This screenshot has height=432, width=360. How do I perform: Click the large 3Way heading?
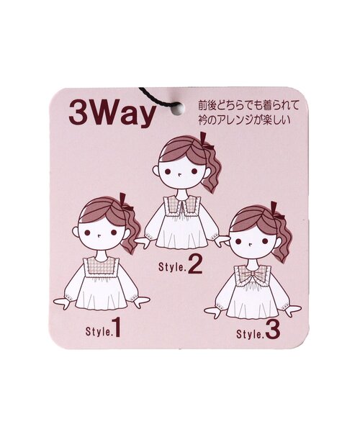tap(112, 113)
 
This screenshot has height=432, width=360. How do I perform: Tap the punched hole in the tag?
tap(177, 107)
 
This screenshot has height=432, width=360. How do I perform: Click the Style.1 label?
tap(103, 328)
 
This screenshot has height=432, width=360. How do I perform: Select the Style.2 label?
tap(181, 265)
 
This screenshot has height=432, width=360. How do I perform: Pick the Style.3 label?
tap(258, 330)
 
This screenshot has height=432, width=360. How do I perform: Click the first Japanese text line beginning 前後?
tap(248, 105)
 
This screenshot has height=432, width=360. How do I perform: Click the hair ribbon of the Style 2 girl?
tap(206, 141)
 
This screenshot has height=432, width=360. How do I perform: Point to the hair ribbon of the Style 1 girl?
tap(125, 202)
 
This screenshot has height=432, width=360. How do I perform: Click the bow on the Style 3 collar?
tap(250, 274)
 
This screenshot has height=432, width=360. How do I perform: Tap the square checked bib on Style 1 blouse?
tap(101, 264)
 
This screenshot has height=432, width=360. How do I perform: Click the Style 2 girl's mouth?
tap(179, 174)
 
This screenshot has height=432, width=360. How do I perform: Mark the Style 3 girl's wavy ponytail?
tap(280, 239)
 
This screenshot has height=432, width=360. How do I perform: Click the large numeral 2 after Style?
tap(195, 264)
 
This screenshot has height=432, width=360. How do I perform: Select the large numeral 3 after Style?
tap(273, 330)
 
